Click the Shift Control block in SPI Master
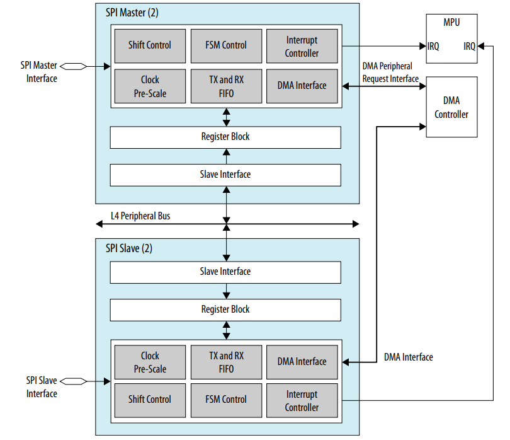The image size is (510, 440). click(150, 45)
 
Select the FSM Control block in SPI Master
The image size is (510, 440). click(225, 45)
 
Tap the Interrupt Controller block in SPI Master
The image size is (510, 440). click(302, 46)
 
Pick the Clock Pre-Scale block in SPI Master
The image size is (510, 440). click(150, 86)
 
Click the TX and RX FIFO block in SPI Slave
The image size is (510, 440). click(225, 362)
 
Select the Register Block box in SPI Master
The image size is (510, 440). click(225, 137)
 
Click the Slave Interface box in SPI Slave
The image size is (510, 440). click(225, 272)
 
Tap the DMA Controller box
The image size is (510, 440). click(451, 107)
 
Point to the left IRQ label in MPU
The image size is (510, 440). click(434, 46)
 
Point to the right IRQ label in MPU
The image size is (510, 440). click(469, 46)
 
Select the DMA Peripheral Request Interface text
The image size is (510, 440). click(390, 72)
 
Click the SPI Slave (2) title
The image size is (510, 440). click(128, 248)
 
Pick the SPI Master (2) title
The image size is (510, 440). click(132, 13)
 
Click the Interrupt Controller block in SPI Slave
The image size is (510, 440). click(302, 400)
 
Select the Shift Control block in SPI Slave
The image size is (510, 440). click(150, 400)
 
